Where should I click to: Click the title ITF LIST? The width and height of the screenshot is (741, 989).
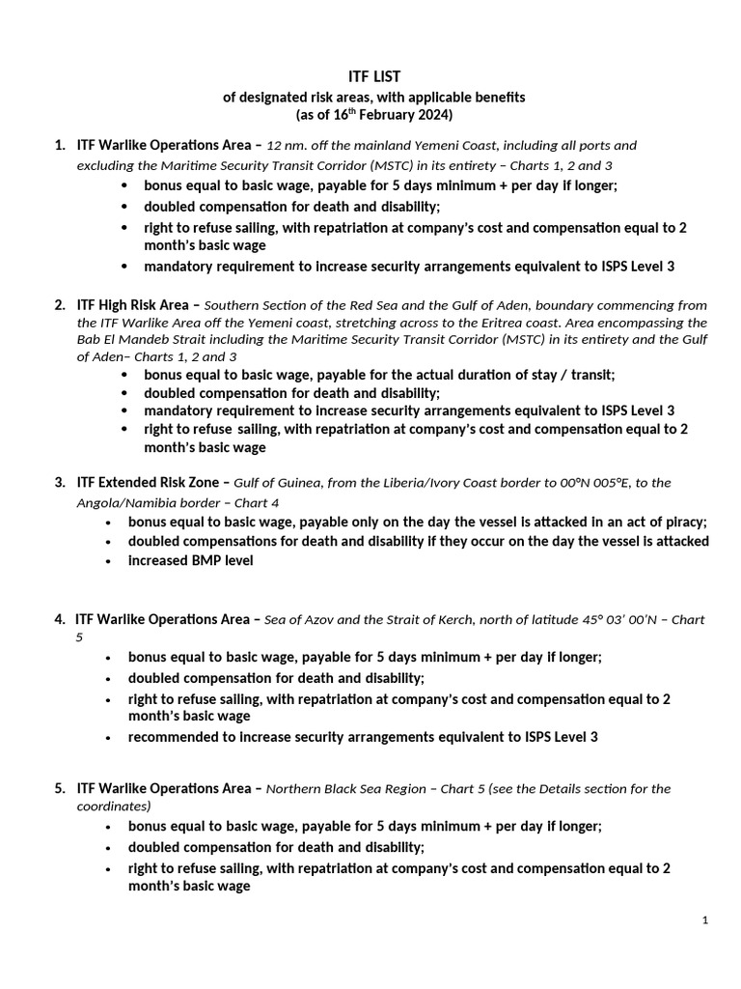tap(373, 76)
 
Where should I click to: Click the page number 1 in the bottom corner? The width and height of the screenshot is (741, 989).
tap(705, 920)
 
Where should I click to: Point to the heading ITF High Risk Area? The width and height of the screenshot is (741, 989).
tap(133, 305)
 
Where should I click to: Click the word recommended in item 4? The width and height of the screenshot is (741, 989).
tap(171, 737)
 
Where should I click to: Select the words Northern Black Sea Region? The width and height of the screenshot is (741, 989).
tap(345, 788)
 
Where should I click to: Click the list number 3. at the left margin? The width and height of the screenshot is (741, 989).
tap(60, 482)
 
